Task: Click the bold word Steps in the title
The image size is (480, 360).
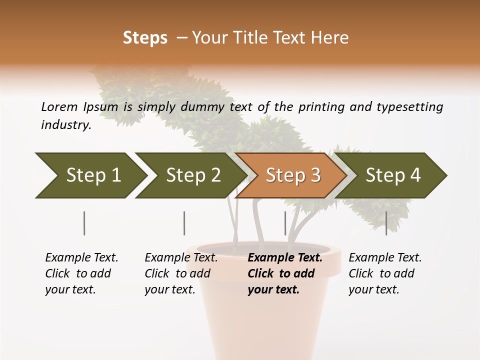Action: tap(145, 38)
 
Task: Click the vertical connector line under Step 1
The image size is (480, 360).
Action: tap(84, 223)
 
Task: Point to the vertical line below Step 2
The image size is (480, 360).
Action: tap(184, 223)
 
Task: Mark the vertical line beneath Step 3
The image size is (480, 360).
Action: tap(285, 223)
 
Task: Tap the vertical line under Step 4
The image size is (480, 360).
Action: tap(386, 223)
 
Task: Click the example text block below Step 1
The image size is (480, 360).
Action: tap(81, 273)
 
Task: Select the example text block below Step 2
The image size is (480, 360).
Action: tap(181, 273)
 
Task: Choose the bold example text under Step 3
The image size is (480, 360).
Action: tap(284, 273)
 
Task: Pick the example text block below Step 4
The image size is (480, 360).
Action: tap(385, 273)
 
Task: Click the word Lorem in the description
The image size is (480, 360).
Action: tap(59, 106)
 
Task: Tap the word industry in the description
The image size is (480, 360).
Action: tap(66, 125)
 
